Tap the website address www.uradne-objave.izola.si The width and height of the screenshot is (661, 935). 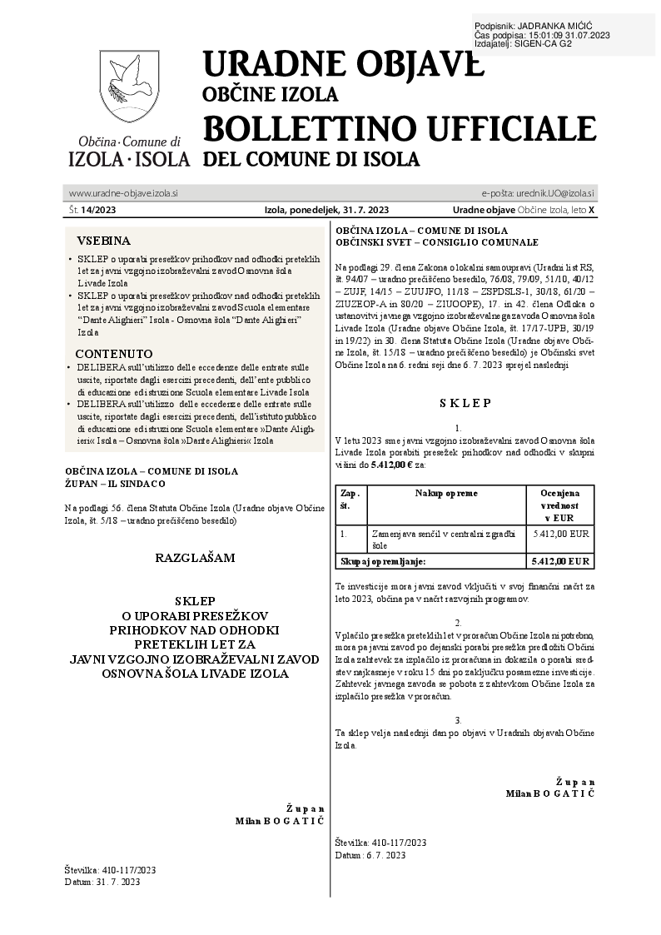pyautogui.click(x=123, y=193)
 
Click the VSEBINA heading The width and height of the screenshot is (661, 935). pyautogui.click(x=103, y=239)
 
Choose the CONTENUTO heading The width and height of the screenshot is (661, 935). pyautogui.click(x=113, y=353)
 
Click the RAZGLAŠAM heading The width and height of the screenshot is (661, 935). pyautogui.click(x=195, y=557)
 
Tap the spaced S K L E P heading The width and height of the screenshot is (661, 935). pyautogui.click(x=465, y=403)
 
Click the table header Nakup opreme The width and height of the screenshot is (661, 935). pyautogui.click(x=446, y=493)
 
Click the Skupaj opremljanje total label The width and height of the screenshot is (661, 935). pyautogui.click(x=383, y=561)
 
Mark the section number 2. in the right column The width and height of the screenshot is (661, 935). pyautogui.click(x=459, y=622)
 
